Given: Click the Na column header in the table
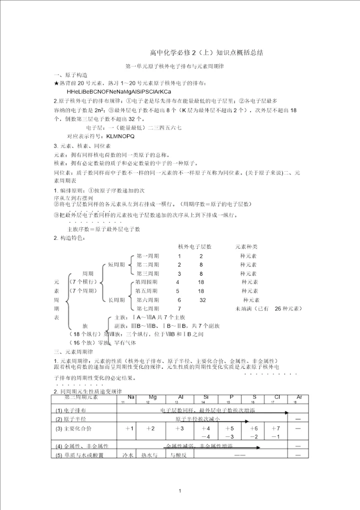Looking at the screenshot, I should tap(131, 397).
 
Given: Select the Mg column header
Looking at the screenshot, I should tap(152, 397).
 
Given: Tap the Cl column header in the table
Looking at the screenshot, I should tap(277, 397).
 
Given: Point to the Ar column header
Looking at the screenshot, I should tap(299, 397).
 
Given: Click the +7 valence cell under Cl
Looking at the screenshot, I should tap(275, 428).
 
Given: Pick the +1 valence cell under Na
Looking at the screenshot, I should tap(129, 428).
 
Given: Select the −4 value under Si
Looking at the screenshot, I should tap(206, 436).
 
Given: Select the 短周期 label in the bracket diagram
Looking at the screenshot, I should tap(116, 264).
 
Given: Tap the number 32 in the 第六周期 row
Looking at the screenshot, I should tap(202, 300).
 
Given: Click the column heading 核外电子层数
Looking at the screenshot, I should tap(195, 246).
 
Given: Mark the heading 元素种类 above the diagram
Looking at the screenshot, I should tap(246, 246).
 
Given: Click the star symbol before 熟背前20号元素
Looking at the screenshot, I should tap(56, 83).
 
